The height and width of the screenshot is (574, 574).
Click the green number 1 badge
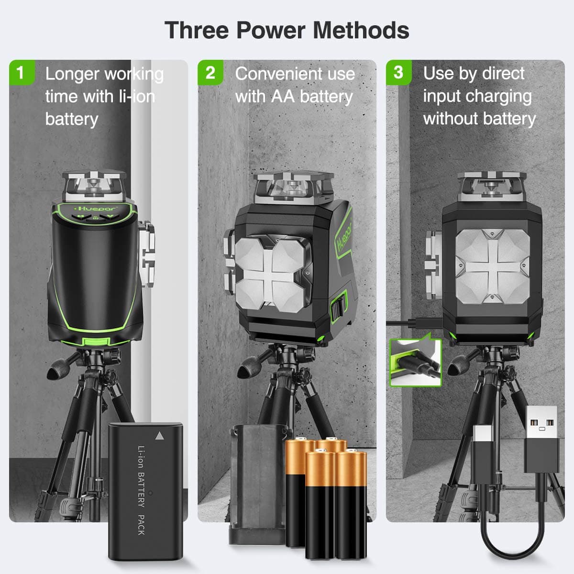[21, 73]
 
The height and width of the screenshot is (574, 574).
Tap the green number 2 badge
[210, 73]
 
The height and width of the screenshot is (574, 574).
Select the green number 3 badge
[398, 73]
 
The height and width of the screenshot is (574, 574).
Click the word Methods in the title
[361, 30]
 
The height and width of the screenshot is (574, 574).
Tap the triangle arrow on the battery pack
[159, 436]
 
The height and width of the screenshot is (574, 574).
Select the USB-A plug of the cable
[541, 438]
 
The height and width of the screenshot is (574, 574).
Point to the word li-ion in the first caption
[137, 96]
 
